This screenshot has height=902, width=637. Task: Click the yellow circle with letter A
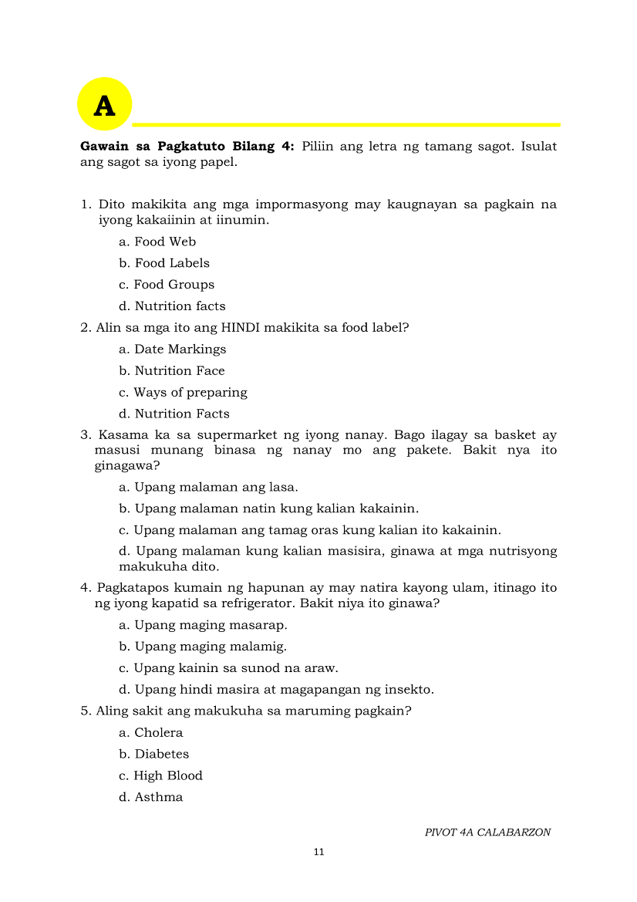105,104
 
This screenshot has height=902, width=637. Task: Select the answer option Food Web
157,242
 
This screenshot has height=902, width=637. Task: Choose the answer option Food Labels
163,263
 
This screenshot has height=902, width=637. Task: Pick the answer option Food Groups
166,285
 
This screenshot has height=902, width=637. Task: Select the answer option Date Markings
172,350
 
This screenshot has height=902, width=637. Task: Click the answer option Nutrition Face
171,371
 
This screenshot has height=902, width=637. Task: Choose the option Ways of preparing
183,393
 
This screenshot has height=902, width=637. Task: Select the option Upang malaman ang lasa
208,488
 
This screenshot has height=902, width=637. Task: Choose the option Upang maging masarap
203,625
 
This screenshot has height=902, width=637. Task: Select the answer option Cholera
150,733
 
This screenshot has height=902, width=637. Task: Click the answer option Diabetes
153,755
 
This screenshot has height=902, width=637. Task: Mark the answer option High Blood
160,776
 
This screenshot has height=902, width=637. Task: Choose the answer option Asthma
150,798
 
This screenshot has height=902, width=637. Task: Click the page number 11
319,852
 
